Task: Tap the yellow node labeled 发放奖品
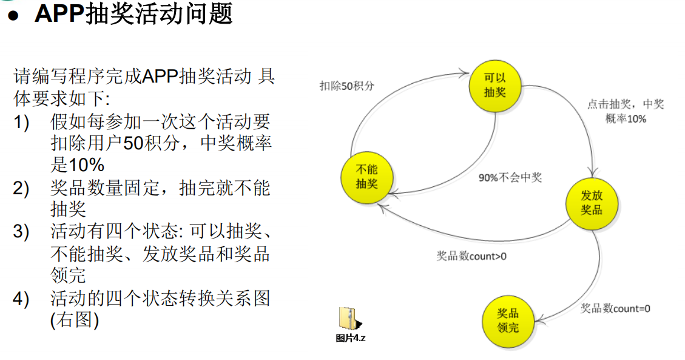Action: [592, 203]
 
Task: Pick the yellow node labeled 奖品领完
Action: [508, 321]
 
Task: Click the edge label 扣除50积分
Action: [347, 86]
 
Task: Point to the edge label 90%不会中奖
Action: [510, 178]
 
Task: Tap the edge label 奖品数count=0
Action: [615, 308]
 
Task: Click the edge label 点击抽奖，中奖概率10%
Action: [626, 111]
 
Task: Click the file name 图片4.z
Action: [351, 338]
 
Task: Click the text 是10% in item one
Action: [78, 165]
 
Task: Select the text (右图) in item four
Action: [74, 320]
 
